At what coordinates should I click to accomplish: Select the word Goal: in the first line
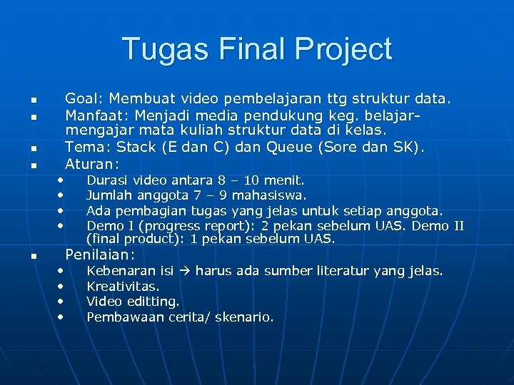84,98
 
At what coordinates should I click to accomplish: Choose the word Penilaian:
100,255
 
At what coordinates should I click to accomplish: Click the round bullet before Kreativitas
61,286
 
